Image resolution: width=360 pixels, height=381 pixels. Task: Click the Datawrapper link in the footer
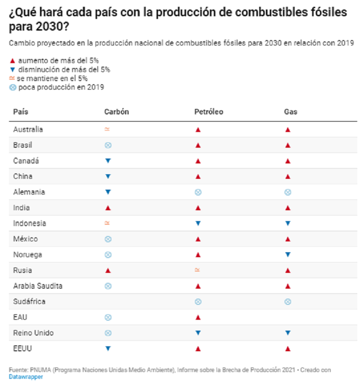coord(26,376)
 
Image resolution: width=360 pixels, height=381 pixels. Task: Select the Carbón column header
coord(117,112)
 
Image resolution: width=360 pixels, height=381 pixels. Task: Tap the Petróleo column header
coord(208,112)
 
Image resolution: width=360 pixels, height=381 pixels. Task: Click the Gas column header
coord(291,112)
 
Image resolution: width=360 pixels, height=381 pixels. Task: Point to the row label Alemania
coord(29,192)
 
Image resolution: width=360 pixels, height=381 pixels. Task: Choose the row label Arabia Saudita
coord(38,286)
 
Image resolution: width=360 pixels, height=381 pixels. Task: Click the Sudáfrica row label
coord(29,302)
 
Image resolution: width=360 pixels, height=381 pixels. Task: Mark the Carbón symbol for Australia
coord(107,129)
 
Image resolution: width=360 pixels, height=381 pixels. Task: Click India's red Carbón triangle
coord(108,208)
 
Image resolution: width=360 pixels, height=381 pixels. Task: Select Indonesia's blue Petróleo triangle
coord(198,223)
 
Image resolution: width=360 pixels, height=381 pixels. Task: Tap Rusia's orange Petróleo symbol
coord(197,270)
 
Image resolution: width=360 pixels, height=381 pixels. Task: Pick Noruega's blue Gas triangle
coord(288,255)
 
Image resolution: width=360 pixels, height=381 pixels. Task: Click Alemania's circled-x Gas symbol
coord(288,192)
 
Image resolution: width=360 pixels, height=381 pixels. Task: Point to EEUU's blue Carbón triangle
coord(108,349)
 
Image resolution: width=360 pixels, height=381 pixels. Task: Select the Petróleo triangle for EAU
coord(198,317)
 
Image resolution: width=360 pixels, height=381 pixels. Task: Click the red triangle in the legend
coord(12,60)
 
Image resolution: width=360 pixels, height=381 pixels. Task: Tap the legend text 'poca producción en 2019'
coord(61,87)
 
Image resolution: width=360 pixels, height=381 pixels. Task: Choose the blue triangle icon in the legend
coord(12,69)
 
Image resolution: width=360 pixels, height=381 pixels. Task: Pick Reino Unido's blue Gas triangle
coord(288,333)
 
